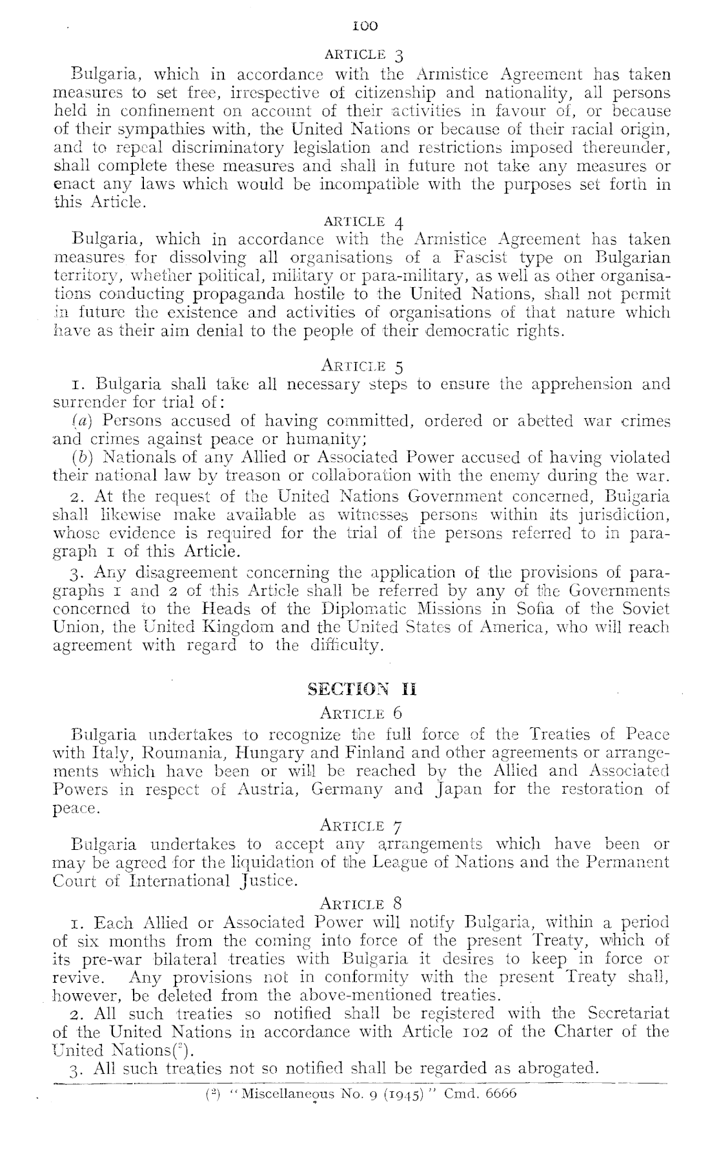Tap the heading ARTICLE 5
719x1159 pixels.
[x=361, y=367]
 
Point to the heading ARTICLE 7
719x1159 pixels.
[x=361, y=825]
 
